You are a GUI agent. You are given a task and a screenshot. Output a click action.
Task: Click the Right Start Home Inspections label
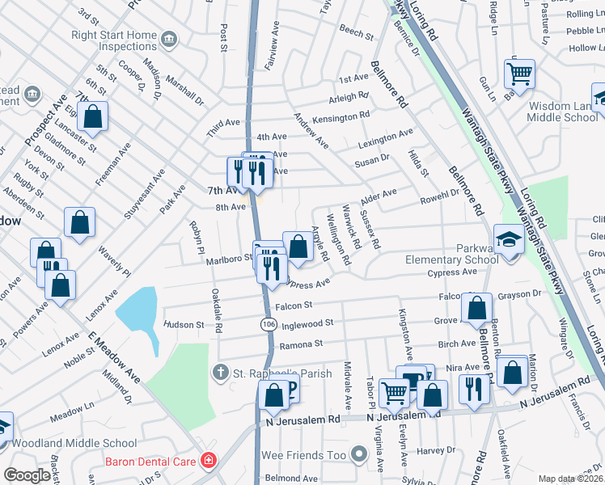(113, 41)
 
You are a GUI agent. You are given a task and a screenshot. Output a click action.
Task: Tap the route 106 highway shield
(266, 324)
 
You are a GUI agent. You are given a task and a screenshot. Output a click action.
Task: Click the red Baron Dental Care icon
(209, 461)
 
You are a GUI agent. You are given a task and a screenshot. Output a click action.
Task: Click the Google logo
(27, 475)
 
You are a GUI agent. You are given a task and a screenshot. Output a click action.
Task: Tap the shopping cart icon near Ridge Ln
(519, 74)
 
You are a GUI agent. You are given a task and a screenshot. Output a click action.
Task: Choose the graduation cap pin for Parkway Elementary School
(508, 239)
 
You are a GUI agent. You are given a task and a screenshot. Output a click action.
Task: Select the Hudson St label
(184, 324)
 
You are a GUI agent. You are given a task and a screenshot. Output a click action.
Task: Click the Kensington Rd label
(341, 118)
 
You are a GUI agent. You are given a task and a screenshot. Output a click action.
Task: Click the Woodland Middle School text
(76, 443)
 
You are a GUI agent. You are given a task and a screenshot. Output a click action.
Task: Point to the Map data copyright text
(570, 479)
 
